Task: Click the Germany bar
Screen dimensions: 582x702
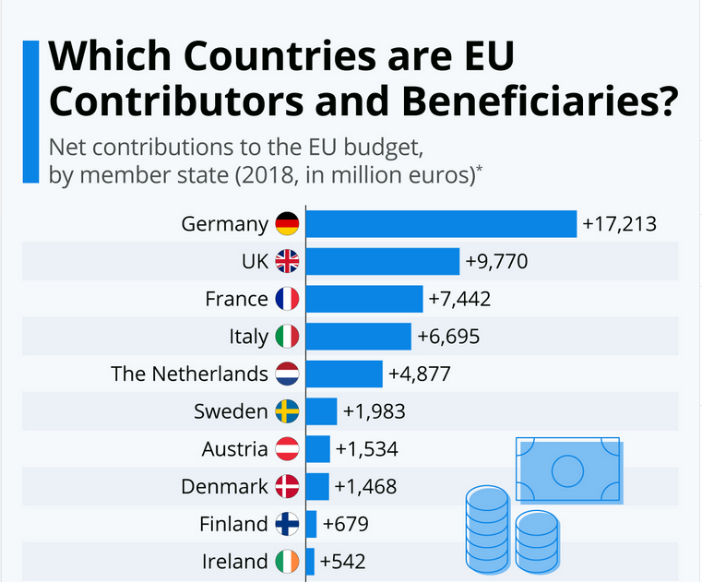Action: [441, 224]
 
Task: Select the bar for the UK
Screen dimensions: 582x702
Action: [382, 262]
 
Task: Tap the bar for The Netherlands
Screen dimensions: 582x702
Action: [343, 374]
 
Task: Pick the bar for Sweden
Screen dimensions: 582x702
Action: [321, 411]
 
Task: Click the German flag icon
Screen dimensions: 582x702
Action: [287, 224]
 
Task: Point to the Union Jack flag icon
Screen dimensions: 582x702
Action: [287, 262]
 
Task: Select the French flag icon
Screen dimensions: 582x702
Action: [287, 299]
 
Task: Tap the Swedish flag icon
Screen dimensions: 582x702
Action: [287, 411]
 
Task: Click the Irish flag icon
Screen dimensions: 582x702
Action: [287, 561]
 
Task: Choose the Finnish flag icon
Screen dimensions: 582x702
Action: [287, 524]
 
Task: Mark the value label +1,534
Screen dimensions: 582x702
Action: [367, 449]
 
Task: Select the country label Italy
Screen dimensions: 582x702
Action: [249, 337]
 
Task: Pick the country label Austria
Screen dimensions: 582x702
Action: [235, 449]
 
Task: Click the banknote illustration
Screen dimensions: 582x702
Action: [569, 470]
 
